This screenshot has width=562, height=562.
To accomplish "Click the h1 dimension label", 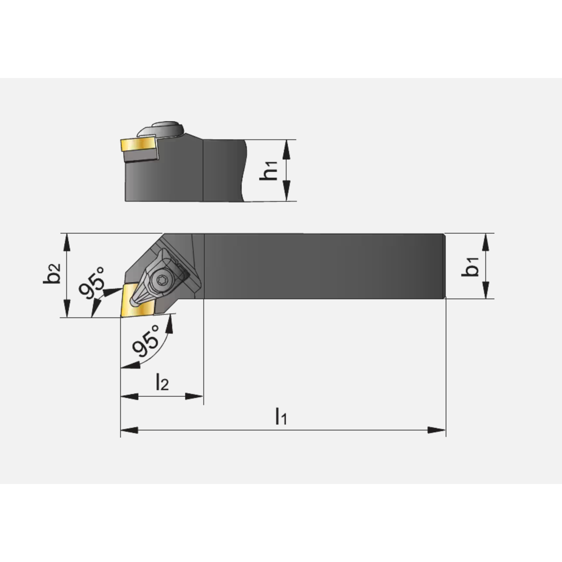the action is [x=269, y=170].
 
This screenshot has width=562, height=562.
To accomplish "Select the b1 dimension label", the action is [x=470, y=266].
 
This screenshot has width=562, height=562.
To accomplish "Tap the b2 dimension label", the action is [x=52, y=273].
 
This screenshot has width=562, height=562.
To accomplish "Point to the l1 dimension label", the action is [x=281, y=416].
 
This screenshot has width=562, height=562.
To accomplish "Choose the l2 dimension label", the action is [x=162, y=382].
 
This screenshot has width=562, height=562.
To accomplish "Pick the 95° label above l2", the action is [x=146, y=341].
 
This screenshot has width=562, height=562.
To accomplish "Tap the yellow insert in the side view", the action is [x=138, y=145].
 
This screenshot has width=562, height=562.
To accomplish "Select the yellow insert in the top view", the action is [x=138, y=300].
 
